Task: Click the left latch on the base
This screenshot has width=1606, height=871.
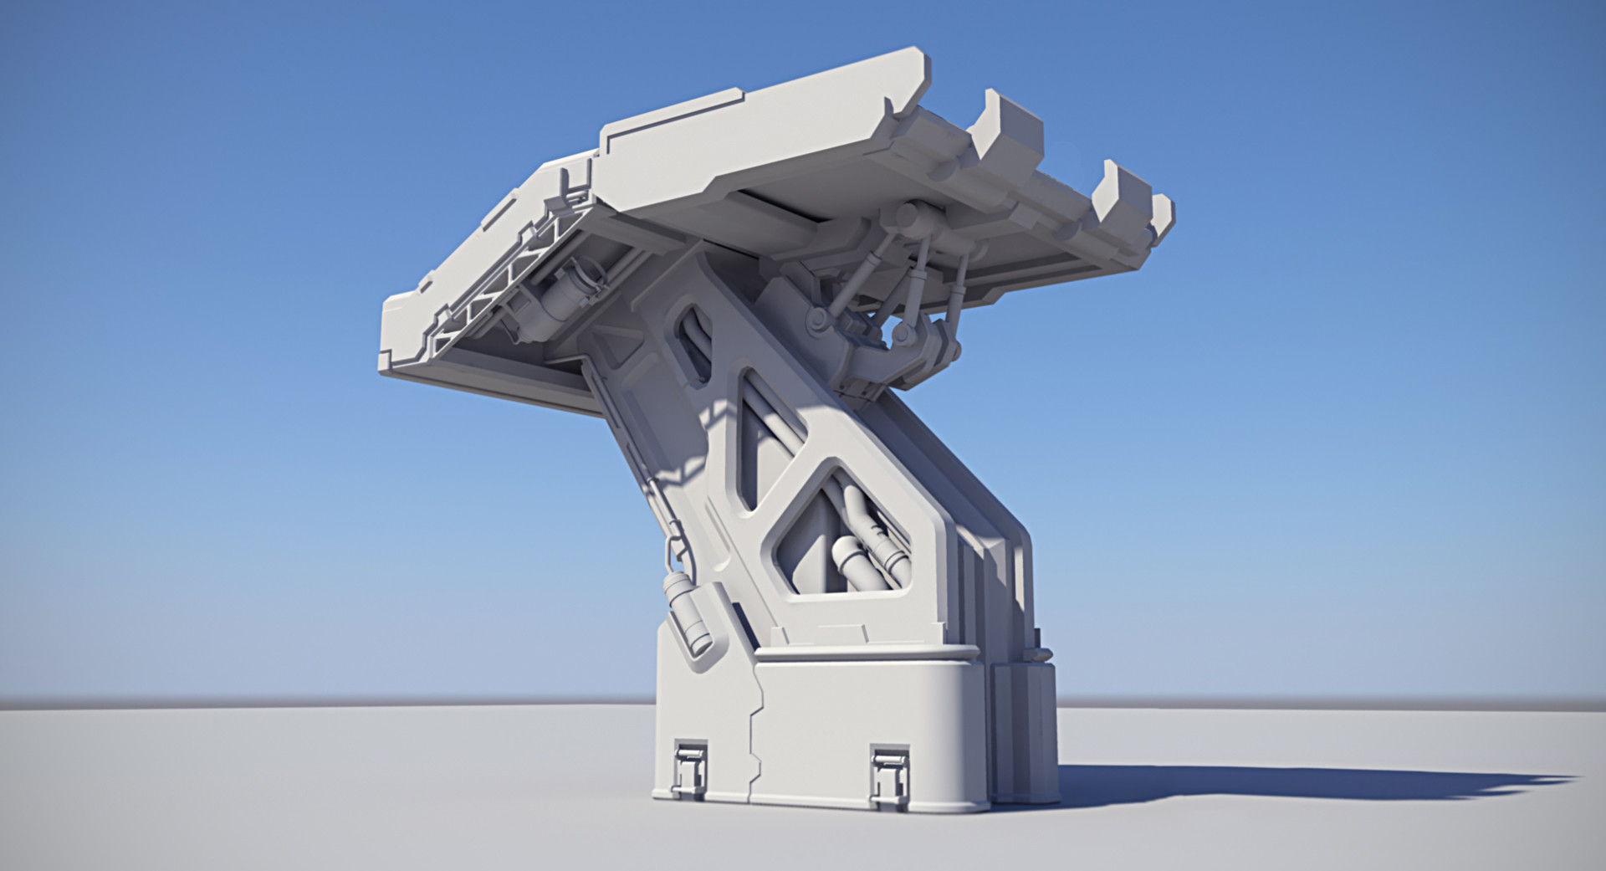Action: click(x=690, y=766)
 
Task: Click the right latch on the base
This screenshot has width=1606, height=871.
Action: click(x=888, y=771)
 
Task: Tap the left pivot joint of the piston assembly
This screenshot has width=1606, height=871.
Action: click(x=817, y=319)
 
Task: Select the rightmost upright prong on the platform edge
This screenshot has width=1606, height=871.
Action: click(x=1161, y=216)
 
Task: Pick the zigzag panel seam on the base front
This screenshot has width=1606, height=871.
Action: click(x=754, y=736)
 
